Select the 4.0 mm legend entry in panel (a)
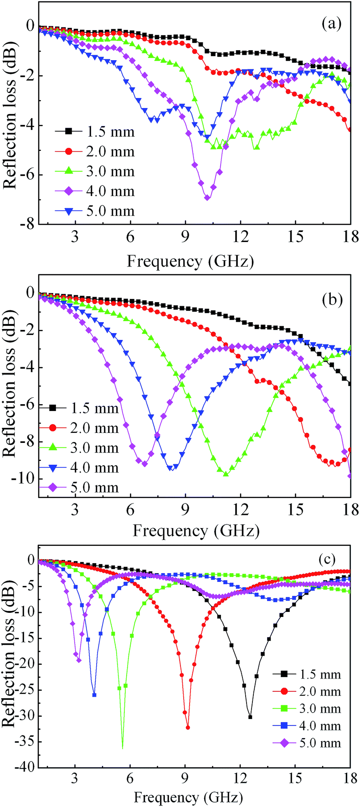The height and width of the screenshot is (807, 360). coord(95,191)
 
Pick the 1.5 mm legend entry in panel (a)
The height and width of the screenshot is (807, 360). coord(95,132)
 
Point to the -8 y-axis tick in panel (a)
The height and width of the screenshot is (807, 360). coord(26,224)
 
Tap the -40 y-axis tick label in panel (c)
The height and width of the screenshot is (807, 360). coord(23,768)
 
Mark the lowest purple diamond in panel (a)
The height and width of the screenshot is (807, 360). coord(207,197)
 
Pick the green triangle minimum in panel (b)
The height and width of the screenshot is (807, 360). coord(226,474)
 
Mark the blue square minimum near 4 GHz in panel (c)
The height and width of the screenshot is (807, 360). coord(94,695)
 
